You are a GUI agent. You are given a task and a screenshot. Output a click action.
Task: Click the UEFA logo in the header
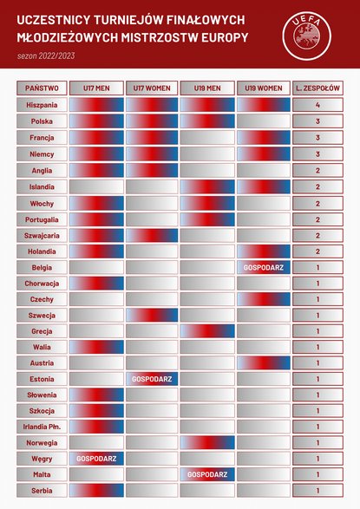pyautogui.click(x=307, y=36)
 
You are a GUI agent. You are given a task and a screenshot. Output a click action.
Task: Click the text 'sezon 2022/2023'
pyautogui.click(x=46, y=55)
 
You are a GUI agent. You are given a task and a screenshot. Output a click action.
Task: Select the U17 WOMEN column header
pyautogui.click(x=152, y=88)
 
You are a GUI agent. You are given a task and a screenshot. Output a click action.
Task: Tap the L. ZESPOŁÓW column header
pyautogui.click(x=317, y=88)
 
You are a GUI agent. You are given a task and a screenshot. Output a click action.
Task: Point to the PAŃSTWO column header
pyautogui.click(x=42, y=88)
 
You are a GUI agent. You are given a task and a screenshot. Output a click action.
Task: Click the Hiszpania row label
pyautogui.click(x=42, y=105)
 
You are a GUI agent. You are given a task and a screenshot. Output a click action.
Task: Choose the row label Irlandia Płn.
pyautogui.click(x=42, y=427)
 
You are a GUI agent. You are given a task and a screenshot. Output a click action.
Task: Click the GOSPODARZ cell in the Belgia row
pyautogui.click(x=264, y=267)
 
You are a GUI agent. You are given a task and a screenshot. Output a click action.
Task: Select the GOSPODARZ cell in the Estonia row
pyautogui.click(x=152, y=379)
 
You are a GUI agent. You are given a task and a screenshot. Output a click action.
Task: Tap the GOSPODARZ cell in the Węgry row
pyautogui.click(x=96, y=459)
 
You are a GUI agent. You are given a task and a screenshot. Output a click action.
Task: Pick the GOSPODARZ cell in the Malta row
pyautogui.click(x=207, y=474)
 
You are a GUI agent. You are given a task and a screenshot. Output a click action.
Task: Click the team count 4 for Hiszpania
pyautogui.click(x=317, y=105)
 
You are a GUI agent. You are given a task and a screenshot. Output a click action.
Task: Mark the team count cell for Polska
pyautogui.click(x=317, y=121)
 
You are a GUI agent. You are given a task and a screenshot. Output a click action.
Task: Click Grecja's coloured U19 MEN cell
pyautogui.click(x=207, y=331)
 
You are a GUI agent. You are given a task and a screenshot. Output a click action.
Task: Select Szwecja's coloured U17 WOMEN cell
pyautogui.click(x=152, y=316)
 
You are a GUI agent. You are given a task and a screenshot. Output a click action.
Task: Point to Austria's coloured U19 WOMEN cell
pyautogui.click(x=264, y=363)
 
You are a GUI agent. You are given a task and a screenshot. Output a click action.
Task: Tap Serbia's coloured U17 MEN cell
pyautogui.click(x=96, y=490)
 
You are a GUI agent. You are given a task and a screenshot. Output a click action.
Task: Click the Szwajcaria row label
pyautogui.click(x=42, y=235)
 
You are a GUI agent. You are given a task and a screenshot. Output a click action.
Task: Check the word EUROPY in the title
pyautogui.click(x=225, y=37)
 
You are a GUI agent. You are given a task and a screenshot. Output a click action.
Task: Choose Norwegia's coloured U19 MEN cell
pyautogui.click(x=207, y=442)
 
